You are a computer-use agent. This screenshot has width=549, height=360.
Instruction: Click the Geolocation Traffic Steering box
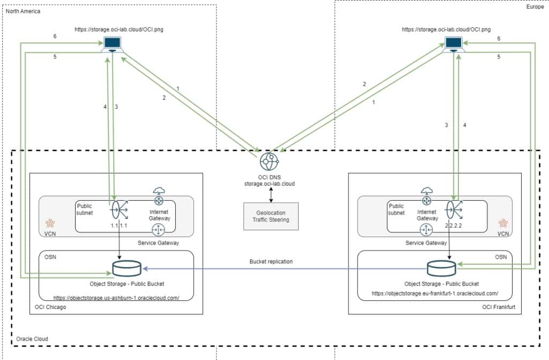pyautogui.click(x=271, y=216)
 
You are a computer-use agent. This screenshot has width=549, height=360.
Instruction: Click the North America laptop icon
pyautogui.click(x=113, y=45)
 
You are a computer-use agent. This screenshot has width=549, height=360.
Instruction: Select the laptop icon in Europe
pyautogui.click(x=454, y=45)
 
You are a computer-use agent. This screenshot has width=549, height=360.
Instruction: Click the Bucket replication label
pyautogui.click(x=271, y=261)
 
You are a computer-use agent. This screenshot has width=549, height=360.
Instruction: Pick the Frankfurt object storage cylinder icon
pyautogui.click(x=441, y=267)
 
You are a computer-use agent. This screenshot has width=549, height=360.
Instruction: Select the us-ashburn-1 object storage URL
pyautogui.click(x=116, y=297)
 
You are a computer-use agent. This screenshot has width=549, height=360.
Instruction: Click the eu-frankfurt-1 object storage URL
pyautogui.click(x=435, y=293)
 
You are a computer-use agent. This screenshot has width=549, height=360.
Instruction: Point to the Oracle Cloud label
pyautogui.click(x=32, y=339)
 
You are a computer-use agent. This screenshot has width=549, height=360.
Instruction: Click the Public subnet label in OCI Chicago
pyautogui.click(x=85, y=209)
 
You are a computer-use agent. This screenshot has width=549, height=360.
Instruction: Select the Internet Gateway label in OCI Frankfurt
pyautogui.click(x=427, y=215)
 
